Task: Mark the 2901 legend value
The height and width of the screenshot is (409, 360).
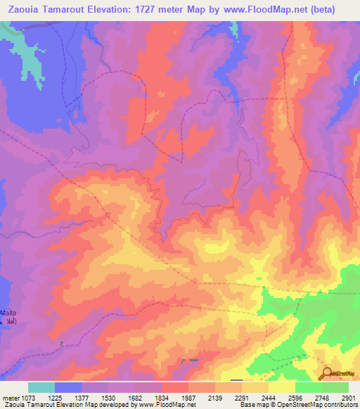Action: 348,398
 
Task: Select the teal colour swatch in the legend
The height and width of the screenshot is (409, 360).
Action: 41,387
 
